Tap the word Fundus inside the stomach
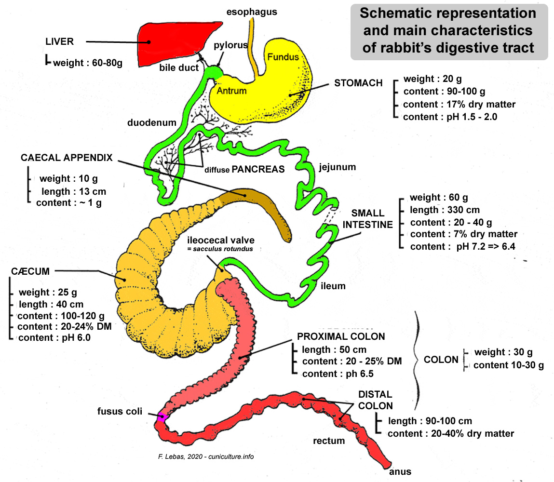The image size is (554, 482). (283, 57)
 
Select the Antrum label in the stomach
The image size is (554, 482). (232, 91)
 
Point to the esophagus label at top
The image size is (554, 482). (252, 12)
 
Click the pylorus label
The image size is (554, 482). (230, 45)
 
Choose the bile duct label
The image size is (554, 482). (179, 68)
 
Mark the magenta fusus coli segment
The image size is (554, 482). (162, 417)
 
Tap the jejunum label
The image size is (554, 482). (337, 167)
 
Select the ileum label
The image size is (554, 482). (333, 286)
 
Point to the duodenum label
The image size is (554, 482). (152, 122)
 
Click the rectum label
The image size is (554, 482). (329, 441)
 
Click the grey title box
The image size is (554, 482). (448, 31)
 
